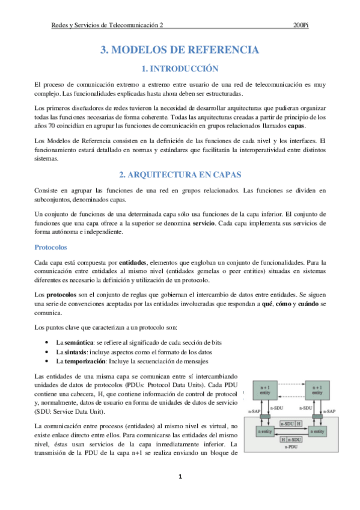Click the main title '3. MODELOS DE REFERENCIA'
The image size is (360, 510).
(180, 50)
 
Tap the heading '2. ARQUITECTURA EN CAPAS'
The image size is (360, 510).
(180, 175)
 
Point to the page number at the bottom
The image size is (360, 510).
(180, 478)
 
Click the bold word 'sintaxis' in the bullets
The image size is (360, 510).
(77, 351)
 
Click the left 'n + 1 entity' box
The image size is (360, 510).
(265, 392)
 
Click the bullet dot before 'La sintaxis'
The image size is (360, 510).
(47, 351)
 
